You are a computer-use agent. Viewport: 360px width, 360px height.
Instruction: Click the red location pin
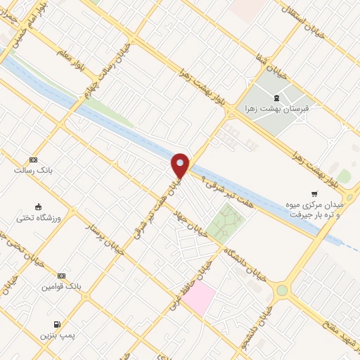pyautogui.click(x=181, y=165)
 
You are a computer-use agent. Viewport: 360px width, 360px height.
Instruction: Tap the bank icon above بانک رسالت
pyautogui.click(x=31, y=160)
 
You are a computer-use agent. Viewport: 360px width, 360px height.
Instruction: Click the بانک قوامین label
pyautogui.click(x=62, y=287)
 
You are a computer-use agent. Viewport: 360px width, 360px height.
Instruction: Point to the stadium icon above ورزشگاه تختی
pyautogui.click(x=39, y=207)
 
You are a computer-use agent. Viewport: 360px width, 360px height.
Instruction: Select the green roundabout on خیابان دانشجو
pyautogui.click(x=282, y=290)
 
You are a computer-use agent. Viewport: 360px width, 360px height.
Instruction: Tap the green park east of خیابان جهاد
pyautogui.click(x=225, y=224)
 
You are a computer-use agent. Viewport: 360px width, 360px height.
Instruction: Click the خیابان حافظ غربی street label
pyautogui.click(x=189, y=286)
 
